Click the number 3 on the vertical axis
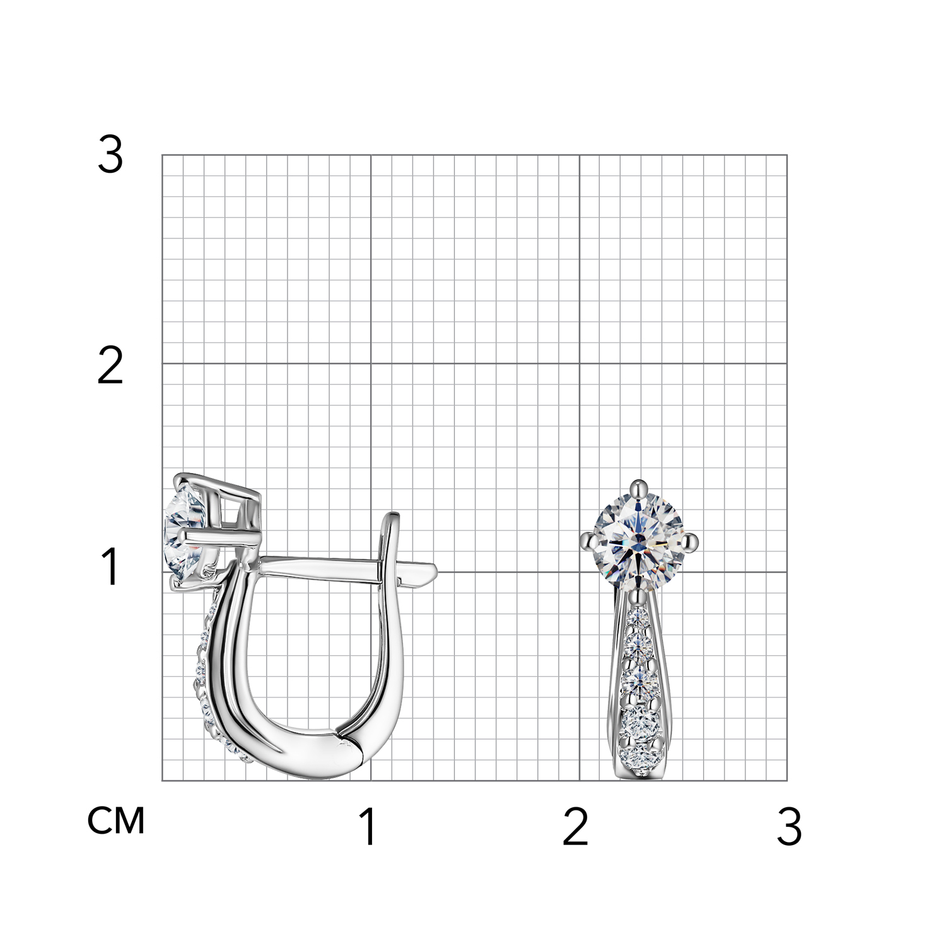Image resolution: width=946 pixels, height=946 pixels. pos(110,155)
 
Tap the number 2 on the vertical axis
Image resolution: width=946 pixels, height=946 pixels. pos(110,366)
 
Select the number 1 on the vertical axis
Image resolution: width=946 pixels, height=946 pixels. pos(110,567)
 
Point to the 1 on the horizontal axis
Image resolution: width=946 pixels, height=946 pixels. pos(369,827)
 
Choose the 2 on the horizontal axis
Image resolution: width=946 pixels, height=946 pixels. pos(575,827)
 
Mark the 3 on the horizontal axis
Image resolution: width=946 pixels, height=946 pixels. pos(789,827)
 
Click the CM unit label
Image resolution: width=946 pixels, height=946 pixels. pos(116,820)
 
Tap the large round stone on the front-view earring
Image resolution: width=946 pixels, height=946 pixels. pos(639,540)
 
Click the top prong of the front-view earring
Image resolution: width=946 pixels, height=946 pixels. pos(639,487)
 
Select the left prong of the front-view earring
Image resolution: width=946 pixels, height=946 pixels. pos(588,540)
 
